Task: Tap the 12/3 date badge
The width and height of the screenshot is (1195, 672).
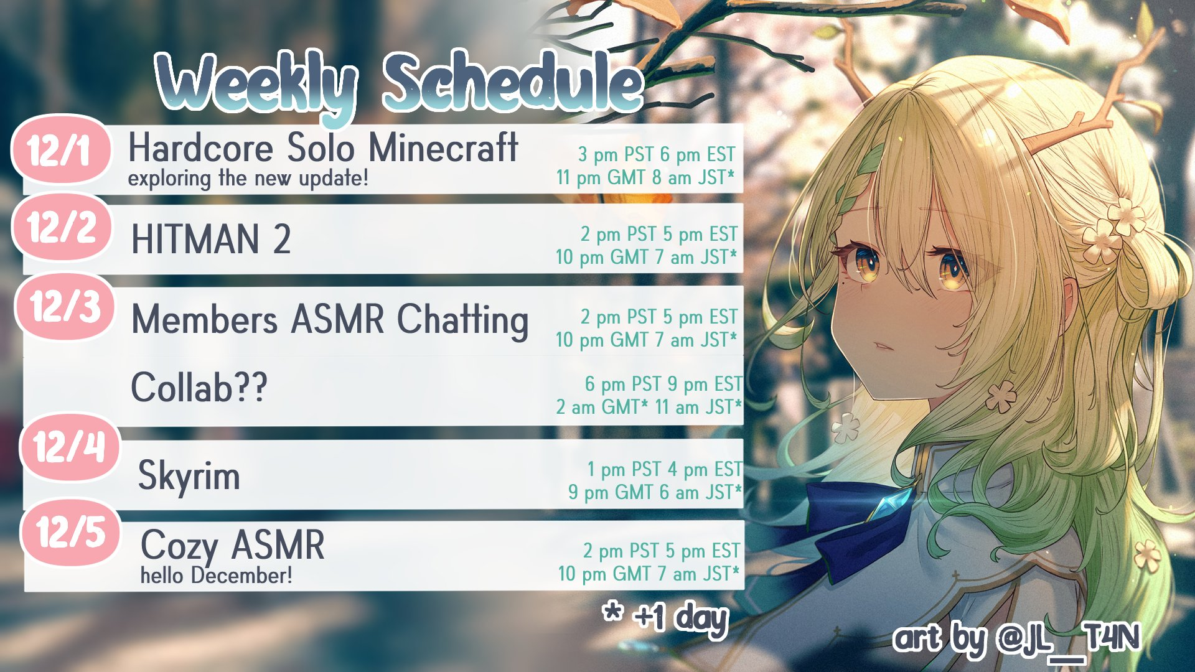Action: (65, 306)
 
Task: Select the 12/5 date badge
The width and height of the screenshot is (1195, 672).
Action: (70, 533)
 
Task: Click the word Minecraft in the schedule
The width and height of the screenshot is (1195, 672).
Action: (443, 148)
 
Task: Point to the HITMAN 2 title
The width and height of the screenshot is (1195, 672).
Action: (211, 240)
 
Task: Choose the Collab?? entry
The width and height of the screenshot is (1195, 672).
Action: (199, 387)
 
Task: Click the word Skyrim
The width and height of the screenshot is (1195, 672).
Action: (189, 477)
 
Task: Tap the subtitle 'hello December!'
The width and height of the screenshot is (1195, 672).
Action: (216, 575)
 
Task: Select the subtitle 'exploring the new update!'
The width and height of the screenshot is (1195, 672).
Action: (248, 179)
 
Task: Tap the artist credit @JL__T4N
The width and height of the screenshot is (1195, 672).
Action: (1068, 639)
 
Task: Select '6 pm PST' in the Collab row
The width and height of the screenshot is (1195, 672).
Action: (623, 384)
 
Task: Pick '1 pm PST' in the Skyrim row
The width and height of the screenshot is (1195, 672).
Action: (624, 469)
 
